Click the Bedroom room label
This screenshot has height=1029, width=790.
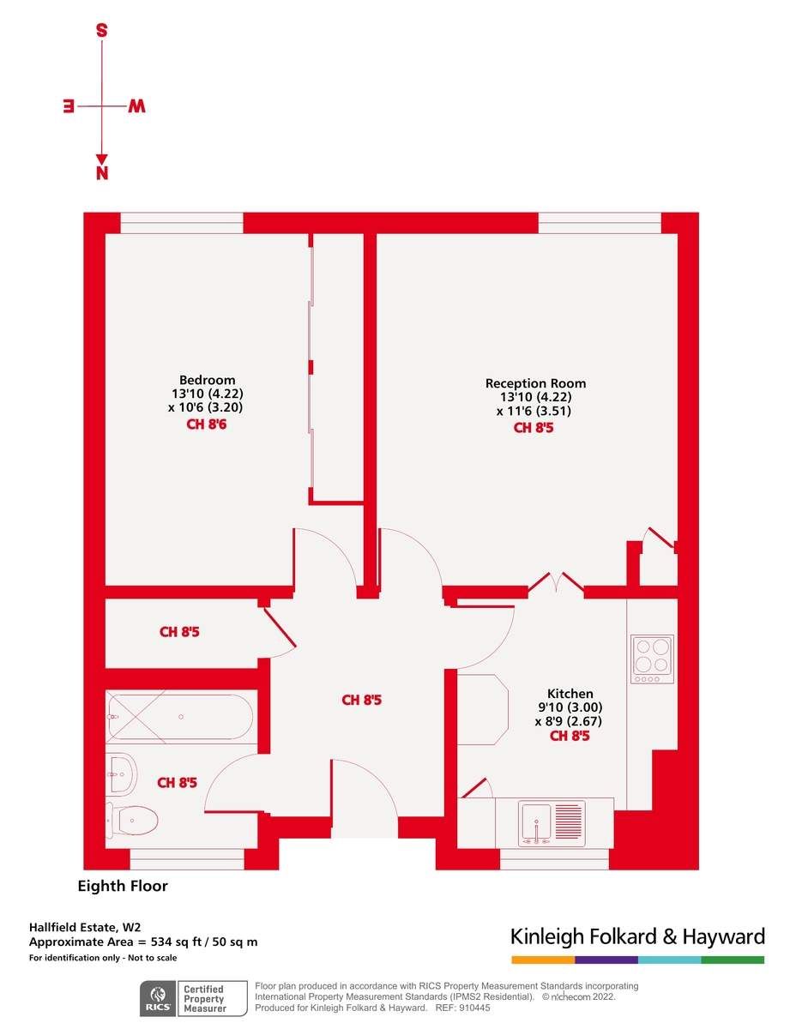(x=207, y=380)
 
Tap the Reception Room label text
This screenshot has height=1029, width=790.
(x=535, y=383)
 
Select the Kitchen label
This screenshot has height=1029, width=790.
(x=570, y=694)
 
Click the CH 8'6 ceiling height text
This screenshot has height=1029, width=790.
(x=207, y=424)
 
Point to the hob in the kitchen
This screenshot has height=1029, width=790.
(x=652, y=659)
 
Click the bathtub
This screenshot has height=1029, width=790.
(x=179, y=717)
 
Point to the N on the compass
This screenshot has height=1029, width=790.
(x=102, y=174)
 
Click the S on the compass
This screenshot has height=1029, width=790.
(x=101, y=31)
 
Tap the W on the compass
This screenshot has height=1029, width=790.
(x=137, y=106)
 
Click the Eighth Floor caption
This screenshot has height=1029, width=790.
(x=123, y=887)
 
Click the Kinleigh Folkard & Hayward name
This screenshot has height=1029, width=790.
(x=636, y=936)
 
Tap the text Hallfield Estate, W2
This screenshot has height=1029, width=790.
(x=85, y=927)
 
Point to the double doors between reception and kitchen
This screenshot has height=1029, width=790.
(x=556, y=584)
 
